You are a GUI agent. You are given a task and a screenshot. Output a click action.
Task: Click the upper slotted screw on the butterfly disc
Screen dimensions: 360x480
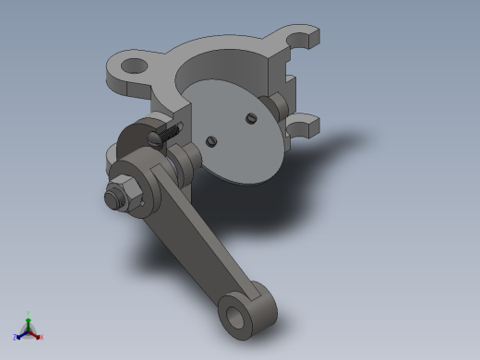click(x=250, y=117)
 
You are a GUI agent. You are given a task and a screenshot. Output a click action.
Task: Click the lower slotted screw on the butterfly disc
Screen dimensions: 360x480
click(x=212, y=141)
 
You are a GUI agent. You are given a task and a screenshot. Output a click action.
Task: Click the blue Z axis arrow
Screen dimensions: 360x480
click(x=20, y=334)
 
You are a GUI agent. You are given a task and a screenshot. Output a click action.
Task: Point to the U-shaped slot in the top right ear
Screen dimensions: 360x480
click(x=297, y=40)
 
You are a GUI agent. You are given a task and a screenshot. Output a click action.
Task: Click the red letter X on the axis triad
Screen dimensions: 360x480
click(x=42, y=337)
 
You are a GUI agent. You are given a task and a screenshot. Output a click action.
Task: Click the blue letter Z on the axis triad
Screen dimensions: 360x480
click(x=16, y=338)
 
